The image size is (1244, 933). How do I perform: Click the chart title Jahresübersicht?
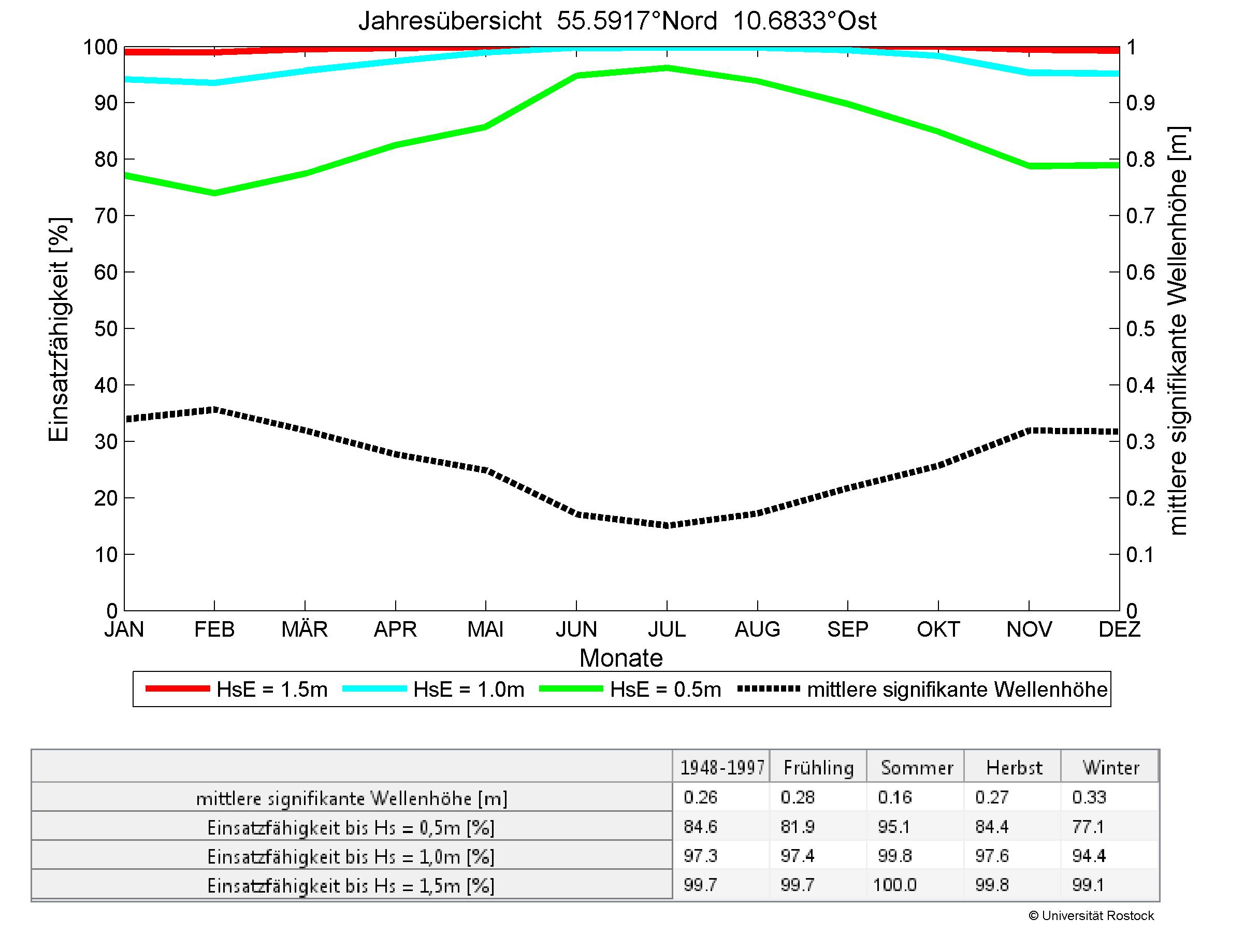[617, 21]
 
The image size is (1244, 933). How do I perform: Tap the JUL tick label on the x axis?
[667, 629]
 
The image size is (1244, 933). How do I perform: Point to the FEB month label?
[214, 629]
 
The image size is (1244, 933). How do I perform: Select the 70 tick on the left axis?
[106, 216]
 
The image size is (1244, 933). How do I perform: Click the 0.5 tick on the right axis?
[1140, 329]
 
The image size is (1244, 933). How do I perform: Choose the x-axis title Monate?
[621, 658]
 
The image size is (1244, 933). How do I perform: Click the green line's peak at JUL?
[667, 68]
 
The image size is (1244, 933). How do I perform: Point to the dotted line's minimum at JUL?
[667, 526]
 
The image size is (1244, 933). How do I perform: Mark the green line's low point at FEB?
[214, 193]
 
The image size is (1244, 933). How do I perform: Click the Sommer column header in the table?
[917, 768]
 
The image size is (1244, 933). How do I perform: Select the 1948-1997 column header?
[722, 768]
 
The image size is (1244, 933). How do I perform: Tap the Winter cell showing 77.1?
[1088, 827]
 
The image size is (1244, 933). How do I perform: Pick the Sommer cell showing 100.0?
[895, 885]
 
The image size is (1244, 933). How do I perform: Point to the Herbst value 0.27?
[992, 797]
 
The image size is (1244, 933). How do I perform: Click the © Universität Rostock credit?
[1091, 915]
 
